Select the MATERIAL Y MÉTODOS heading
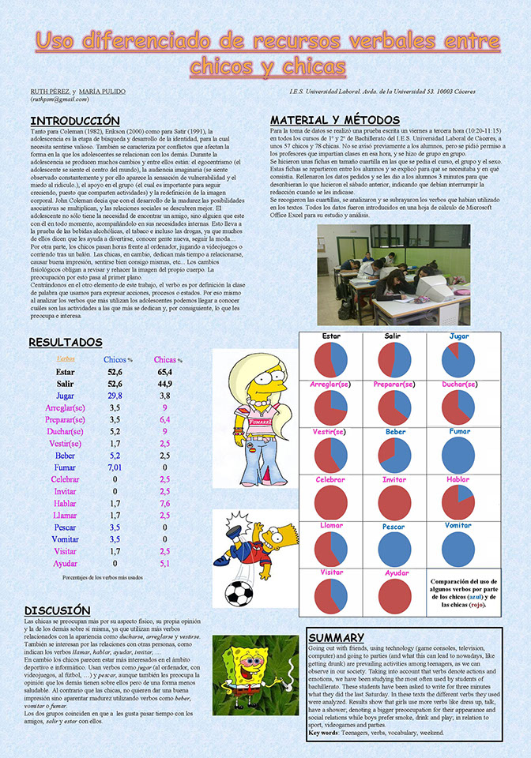(x=330, y=119)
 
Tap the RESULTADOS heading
(x=66, y=343)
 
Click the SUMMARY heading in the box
(x=337, y=637)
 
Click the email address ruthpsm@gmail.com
(x=60, y=99)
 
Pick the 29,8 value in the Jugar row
(x=115, y=396)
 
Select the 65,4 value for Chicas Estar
(x=164, y=370)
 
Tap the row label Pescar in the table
(x=66, y=527)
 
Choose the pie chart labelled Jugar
(x=458, y=360)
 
